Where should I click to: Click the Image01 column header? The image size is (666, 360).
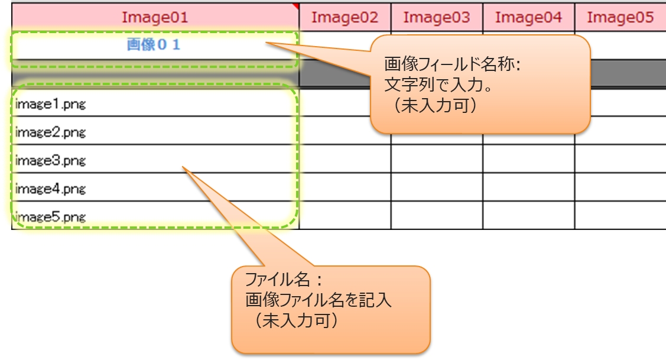click(x=155, y=17)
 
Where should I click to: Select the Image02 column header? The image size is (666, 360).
click(x=345, y=17)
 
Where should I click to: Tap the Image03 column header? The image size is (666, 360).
click(x=437, y=17)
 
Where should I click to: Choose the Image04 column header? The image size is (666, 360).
click(x=528, y=17)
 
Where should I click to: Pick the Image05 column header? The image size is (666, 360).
click(x=620, y=17)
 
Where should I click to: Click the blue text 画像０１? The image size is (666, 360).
click(x=153, y=44)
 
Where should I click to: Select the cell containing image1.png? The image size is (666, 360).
click(x=51, y=105)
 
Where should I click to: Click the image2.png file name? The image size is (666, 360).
click(x=51, y=132)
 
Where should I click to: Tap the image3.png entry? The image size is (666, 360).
click(x=51, y=160)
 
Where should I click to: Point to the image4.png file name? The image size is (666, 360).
click(x=51, y=189)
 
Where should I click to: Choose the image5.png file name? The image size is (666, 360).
click(x=51, y=216)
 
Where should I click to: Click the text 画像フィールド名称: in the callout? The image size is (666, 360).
click(x=452, y=64)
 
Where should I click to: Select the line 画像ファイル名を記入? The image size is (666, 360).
click(x=319, y=300)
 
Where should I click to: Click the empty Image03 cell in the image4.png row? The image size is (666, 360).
click(x=437, y=187)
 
